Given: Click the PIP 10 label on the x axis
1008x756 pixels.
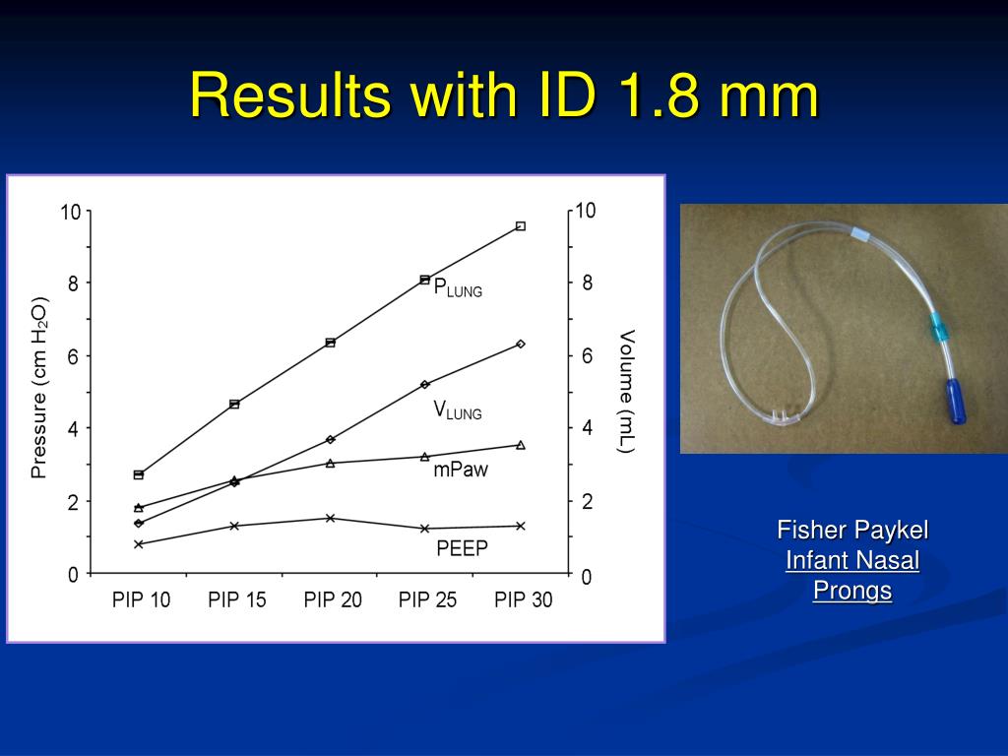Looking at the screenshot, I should click(141, 599).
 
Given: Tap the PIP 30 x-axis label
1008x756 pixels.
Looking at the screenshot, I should click(523, 599).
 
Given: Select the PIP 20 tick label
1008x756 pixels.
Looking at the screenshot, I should click(333, 599).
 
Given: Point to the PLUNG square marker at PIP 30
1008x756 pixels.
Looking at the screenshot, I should click(521, 225).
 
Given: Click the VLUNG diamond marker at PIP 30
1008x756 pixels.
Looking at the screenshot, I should click(521, 344).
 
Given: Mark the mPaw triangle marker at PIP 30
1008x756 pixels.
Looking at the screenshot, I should click(521, 445).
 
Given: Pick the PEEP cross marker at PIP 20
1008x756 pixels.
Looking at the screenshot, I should click(330, 518).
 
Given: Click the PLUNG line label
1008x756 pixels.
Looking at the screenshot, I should click(458, 288).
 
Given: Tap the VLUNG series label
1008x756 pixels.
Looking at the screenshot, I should click(458, 411).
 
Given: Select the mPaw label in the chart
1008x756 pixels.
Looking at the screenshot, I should click(460, 471).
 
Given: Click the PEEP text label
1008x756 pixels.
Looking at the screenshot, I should click(462, 548).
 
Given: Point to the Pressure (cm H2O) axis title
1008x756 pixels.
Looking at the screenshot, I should click(39, 388).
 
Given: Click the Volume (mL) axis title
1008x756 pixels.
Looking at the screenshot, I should click(626, 391).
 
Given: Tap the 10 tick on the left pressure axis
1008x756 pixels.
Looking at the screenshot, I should click(70, 211).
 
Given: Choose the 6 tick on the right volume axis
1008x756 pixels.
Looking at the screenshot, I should click(588, 355).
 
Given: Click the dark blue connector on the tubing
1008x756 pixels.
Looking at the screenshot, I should click(956, 402).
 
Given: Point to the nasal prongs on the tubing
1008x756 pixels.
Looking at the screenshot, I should click(785, 415).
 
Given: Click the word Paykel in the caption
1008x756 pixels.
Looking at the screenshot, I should click(891, 531).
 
